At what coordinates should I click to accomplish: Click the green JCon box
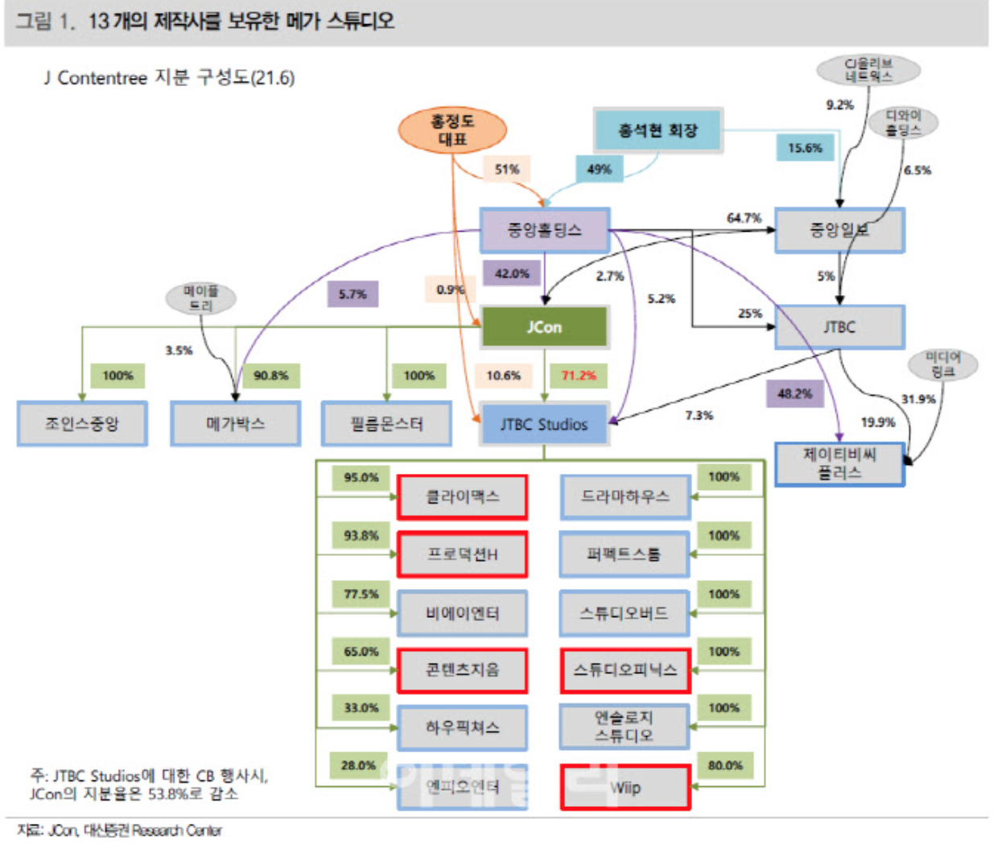[x=544, y=327]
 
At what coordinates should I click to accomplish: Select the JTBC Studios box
[x=544, y=424]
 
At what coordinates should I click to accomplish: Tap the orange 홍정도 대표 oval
[x=452, y=130]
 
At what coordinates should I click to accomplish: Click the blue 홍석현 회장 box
[x=658, y=130]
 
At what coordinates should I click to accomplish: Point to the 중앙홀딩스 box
[x=544, y=230]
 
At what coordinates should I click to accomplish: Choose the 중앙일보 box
[x=839, y=230]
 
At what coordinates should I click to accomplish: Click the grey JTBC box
[x=839, y=327]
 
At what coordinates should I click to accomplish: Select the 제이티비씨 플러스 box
[x=839, y=464]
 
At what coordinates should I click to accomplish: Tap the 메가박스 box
[x=235, y=423]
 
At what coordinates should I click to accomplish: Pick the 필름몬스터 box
[x=386, y=423]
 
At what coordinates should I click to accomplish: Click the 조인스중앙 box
[x=82, y=423]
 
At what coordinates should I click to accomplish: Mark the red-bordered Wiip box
[x=625, y=787]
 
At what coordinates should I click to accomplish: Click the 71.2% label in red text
[x=579, y=375]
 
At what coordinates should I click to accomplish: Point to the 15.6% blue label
[x=805, y=148]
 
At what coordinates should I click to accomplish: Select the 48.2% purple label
[x=794, y=393]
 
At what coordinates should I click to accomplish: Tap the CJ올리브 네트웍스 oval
[x=868, y=70]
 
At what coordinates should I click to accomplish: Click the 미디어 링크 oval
[x=942, y=364]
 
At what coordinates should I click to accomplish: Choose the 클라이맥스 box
[x=463, y=496]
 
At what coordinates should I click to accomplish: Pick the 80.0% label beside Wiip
[x=725, y=765]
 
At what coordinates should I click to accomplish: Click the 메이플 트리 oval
[x=200, y=298]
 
